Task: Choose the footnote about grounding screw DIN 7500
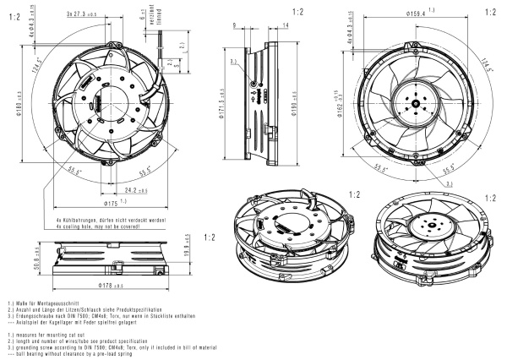click(x=117, y=339)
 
